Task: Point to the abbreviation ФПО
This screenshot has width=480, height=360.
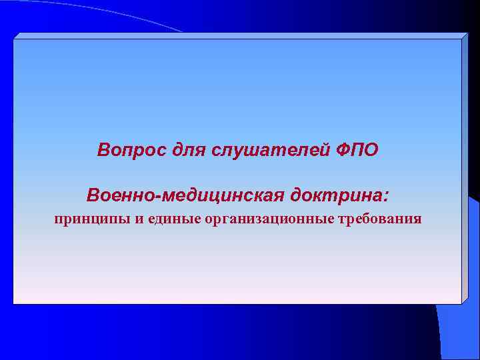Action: coord(354,149)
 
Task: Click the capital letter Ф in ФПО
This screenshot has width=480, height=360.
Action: coord(339,149)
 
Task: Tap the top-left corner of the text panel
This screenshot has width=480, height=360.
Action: coord(14,39)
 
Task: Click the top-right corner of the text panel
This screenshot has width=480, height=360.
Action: coord(461,39)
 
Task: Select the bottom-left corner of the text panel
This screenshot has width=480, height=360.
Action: coord(14,304)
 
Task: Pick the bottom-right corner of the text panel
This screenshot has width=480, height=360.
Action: coord(461,304)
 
